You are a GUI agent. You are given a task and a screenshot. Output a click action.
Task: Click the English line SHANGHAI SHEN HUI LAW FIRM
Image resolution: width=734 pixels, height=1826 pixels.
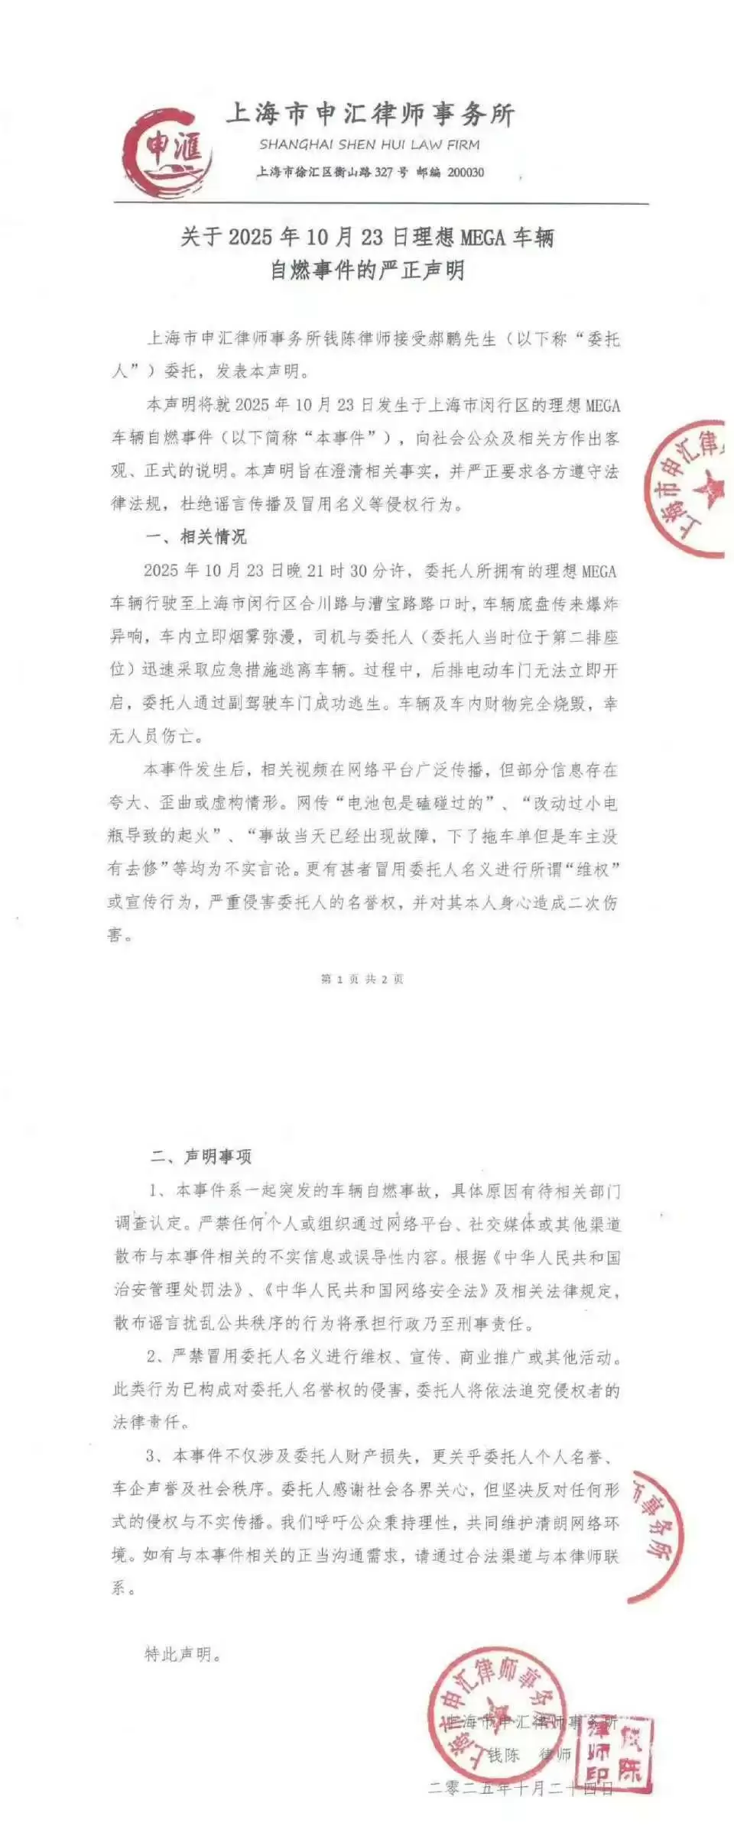pos(369,144)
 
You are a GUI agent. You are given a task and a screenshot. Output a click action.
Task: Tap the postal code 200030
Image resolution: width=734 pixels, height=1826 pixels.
pos(466,173)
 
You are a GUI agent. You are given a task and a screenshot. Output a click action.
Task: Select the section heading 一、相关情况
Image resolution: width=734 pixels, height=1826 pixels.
pos(196,537)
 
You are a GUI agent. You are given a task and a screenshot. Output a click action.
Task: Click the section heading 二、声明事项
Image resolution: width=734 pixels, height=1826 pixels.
pos(201,1157)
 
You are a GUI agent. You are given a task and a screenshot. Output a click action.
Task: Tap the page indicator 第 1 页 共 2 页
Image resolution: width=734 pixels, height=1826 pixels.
pos(362,979)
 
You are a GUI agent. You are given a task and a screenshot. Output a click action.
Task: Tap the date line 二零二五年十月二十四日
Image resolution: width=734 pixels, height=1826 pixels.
pos(521,1788)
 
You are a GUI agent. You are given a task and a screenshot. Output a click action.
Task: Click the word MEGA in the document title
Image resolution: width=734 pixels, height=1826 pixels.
pos(482,238)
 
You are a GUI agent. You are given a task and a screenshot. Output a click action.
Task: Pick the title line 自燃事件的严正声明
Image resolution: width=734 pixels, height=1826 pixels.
pos(367,270)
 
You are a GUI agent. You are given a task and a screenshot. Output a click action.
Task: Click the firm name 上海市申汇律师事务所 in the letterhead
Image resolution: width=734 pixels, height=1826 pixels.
pos(370,115)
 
